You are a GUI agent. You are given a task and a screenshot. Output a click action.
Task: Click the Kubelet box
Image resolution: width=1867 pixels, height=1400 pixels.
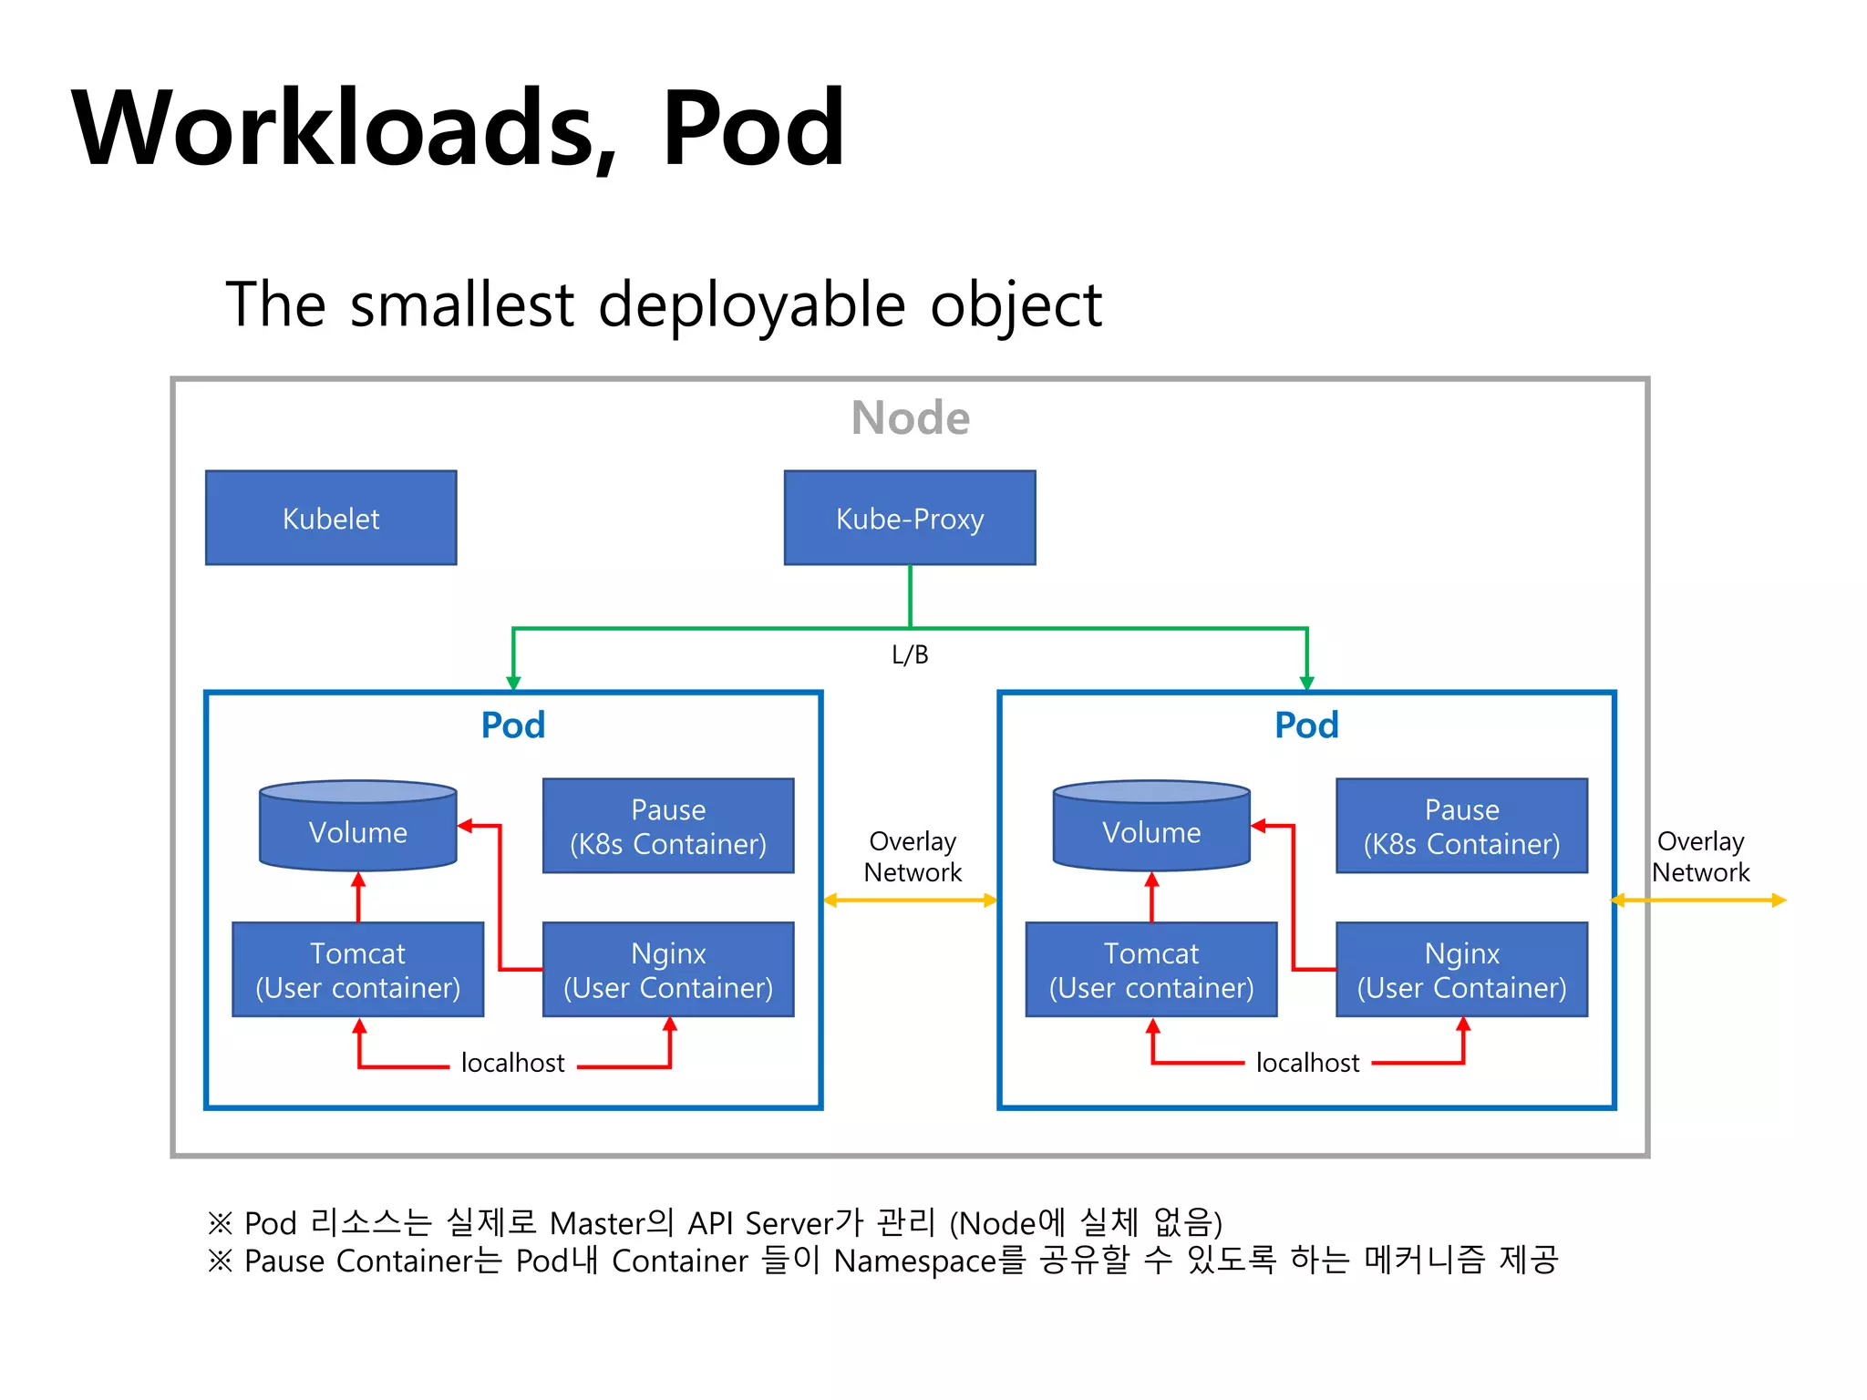point(331,518)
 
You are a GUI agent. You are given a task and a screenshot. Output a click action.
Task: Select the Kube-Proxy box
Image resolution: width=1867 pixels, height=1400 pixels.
point(910,518)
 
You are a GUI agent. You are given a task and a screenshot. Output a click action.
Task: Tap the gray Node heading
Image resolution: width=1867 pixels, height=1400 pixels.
point(910,418)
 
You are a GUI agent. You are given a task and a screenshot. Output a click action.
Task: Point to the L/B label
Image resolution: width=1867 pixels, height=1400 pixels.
point(910,654)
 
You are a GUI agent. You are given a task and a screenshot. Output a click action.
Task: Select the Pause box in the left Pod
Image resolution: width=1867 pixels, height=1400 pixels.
point(668,826)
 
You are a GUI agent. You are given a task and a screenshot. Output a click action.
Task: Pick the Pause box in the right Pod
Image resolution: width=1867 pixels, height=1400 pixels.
point(1461,826)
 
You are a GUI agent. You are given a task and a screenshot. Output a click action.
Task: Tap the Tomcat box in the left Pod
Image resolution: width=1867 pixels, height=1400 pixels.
point(357,970)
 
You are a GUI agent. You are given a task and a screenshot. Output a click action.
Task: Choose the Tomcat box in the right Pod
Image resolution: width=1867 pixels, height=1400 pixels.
point(1151,970)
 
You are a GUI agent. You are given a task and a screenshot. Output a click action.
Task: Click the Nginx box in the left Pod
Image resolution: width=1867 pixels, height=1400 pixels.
point(668,970)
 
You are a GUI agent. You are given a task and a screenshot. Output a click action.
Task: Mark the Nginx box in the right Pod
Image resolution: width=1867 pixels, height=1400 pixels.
point(1461,970)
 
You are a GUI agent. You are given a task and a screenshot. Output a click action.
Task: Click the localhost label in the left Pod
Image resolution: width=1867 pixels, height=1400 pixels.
point(512,1063)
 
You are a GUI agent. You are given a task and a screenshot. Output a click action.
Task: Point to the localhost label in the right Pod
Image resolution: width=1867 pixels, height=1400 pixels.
point(1307,1063)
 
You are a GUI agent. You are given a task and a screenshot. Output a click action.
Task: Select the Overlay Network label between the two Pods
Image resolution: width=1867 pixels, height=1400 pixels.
point(913,857)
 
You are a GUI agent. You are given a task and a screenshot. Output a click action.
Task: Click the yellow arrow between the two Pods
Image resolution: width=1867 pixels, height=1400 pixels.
point(910,901)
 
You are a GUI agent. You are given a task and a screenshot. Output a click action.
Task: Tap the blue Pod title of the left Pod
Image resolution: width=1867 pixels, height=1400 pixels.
point(513,726)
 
